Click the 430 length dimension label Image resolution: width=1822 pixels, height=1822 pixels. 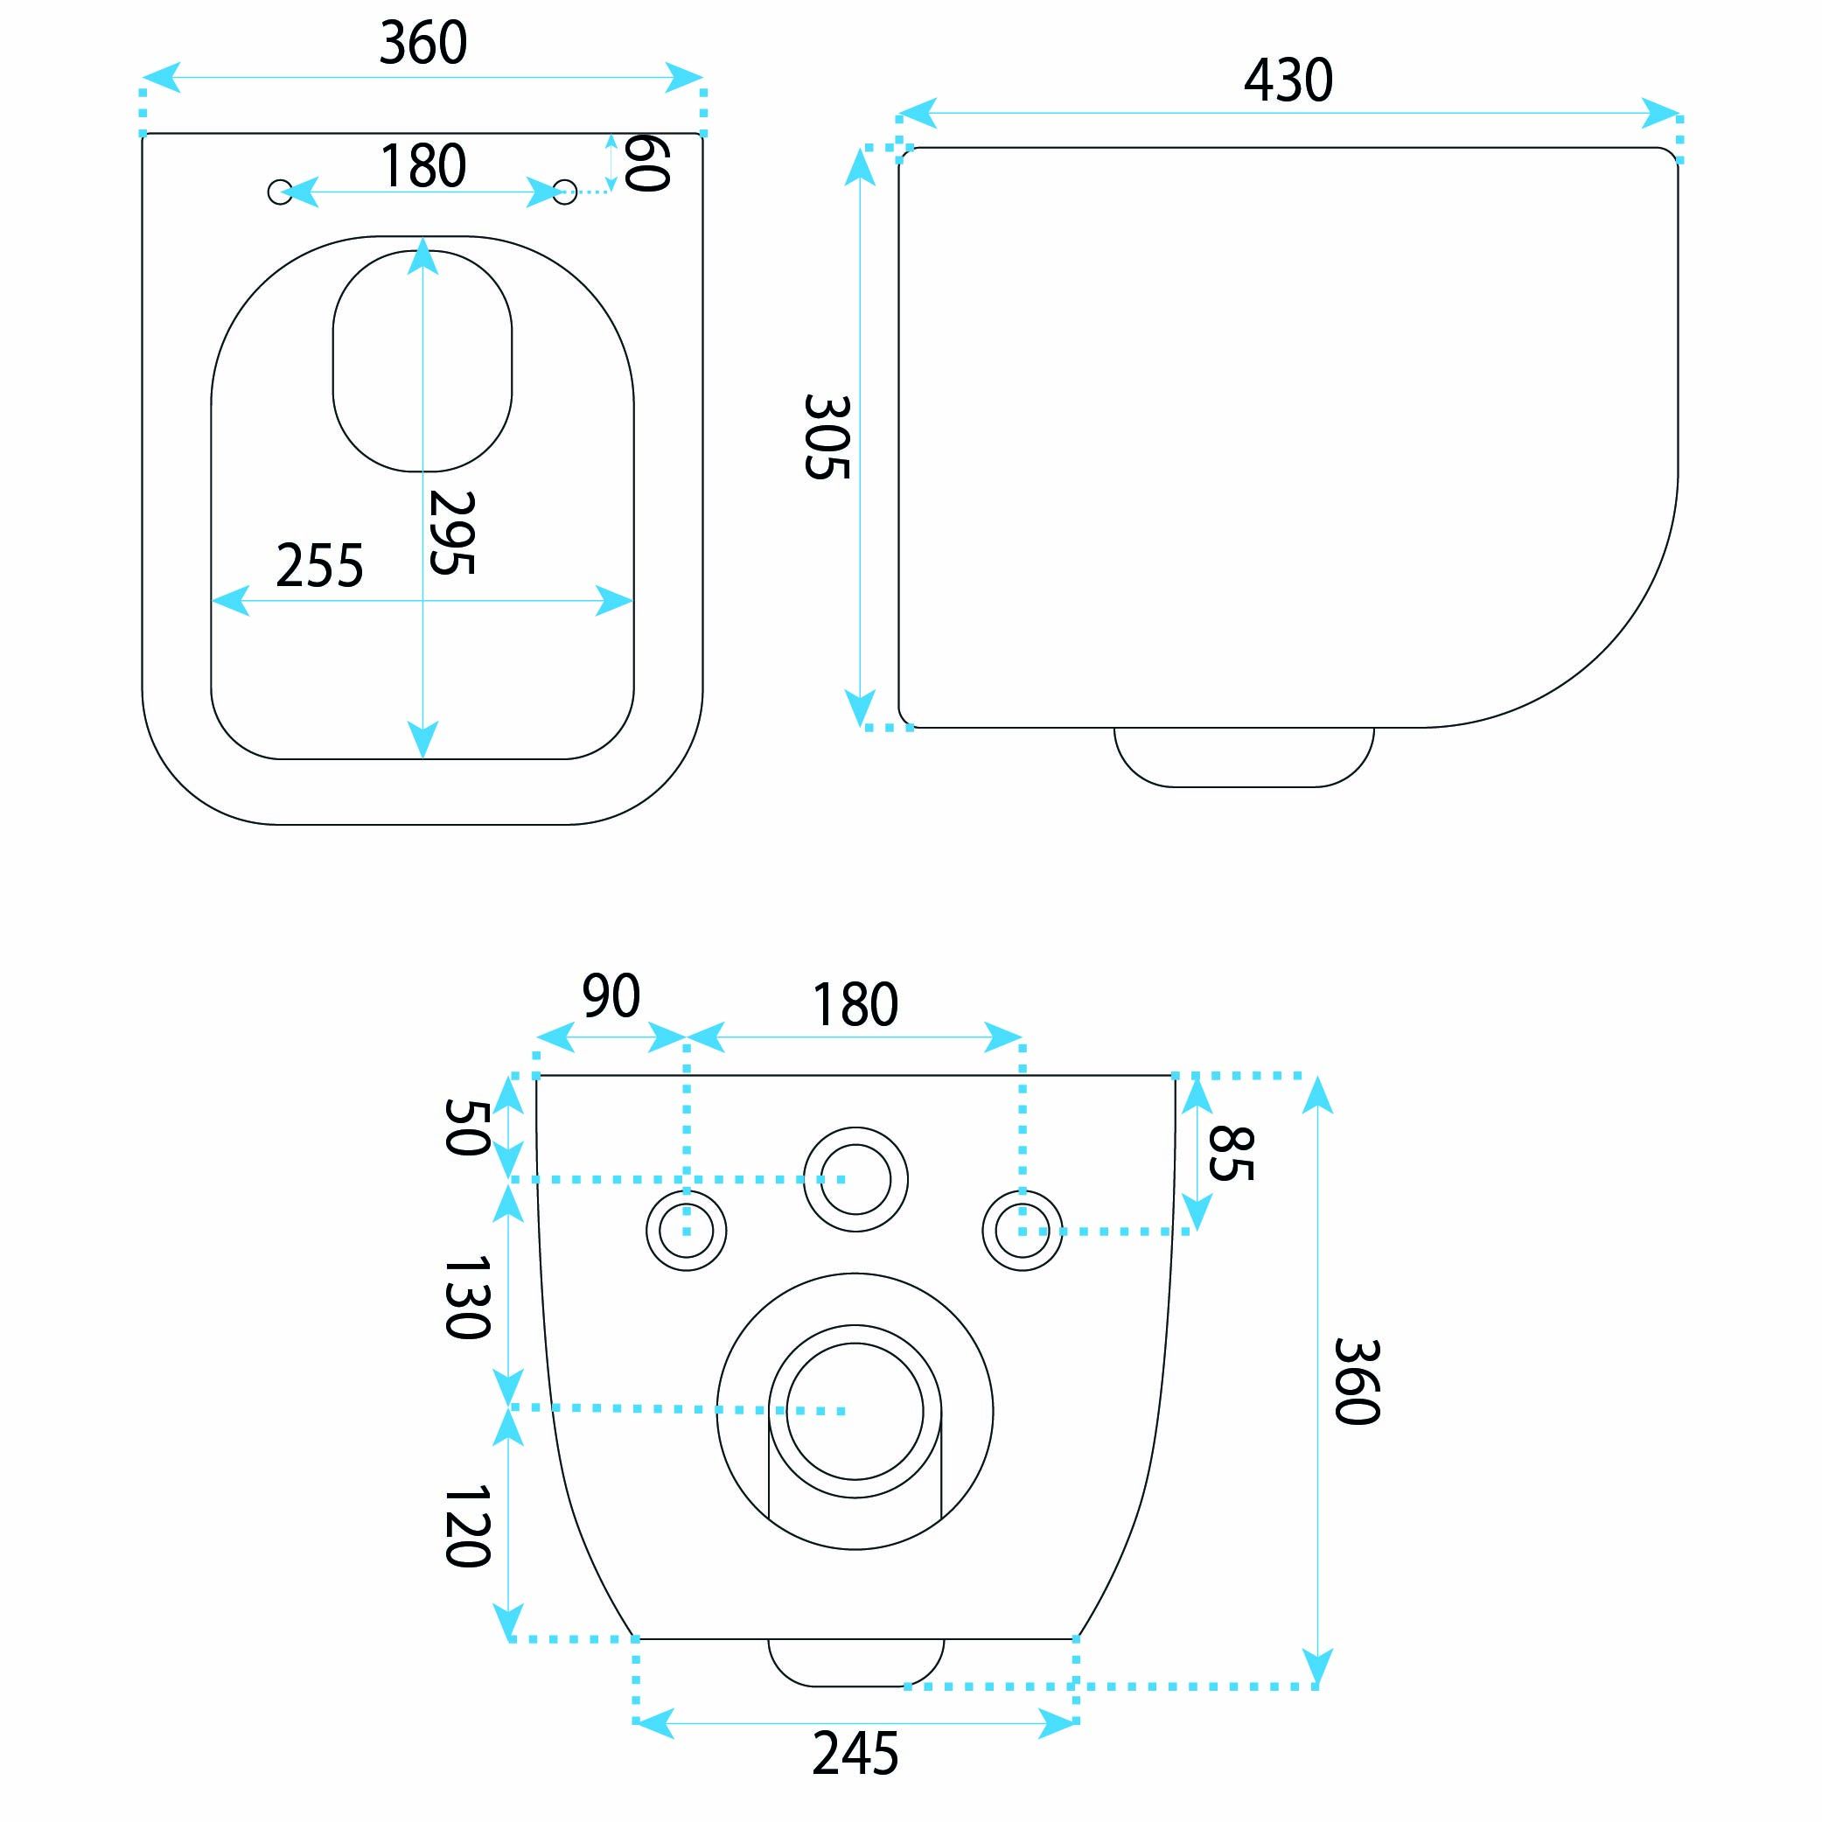pos(1288,81)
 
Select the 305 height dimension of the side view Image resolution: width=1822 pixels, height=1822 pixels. pos(828,436)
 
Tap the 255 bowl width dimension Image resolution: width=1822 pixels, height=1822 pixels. pos(318,567)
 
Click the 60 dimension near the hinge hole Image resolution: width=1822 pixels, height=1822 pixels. pos(647,164)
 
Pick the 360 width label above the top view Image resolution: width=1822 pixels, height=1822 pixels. pos(422,44)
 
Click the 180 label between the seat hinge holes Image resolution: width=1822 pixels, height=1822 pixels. pos(422,166)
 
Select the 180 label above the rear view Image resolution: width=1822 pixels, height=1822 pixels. pos(855,1005)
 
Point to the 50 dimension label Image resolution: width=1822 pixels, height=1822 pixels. pos(466,1127)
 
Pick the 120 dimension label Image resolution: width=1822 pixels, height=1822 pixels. pos(466,1527)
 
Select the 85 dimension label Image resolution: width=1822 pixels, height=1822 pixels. pos(1230,1154)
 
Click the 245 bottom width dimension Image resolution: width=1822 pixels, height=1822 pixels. pos(855,1754)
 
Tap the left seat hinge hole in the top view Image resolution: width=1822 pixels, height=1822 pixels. pos(280,192)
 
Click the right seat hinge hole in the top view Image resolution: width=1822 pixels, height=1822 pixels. pos(565,192)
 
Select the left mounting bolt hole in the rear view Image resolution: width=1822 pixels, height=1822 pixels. pos(686,1230)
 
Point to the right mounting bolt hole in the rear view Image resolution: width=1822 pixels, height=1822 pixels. pos(1023,1230)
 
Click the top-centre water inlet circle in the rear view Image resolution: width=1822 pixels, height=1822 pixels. pos(855,1179)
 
